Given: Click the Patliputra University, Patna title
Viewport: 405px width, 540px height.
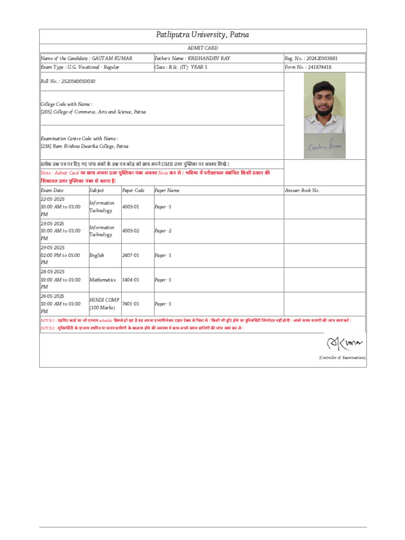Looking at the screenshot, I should point(202,35).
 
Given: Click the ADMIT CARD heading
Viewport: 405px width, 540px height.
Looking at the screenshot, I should point(202,48).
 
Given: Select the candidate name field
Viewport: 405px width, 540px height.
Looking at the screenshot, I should point(86,58).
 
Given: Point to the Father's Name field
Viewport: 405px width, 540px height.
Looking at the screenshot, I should point(192,58).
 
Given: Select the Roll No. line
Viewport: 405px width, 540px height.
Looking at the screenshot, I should point(68,81).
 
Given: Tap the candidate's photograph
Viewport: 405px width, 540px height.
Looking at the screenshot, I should point(324,102).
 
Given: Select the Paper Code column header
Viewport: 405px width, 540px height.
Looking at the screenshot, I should point(133,190).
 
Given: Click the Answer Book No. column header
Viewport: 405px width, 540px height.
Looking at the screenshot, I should point(302,190).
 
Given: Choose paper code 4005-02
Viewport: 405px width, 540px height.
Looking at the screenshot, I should point(131,231).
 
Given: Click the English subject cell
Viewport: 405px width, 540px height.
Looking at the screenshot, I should point(97,255).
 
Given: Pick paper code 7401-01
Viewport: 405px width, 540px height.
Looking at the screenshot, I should point(131,304).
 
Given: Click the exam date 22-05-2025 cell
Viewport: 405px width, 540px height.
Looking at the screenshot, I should point(61,207).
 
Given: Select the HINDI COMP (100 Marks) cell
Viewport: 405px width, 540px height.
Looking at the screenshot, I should point(104,304).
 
